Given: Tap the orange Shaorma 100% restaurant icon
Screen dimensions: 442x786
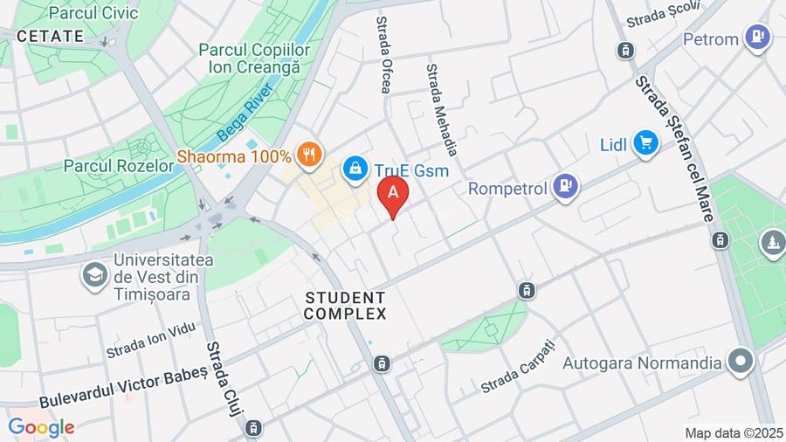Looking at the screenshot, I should pyautogui.click(x=307, y=155).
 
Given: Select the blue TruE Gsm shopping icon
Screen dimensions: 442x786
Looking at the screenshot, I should pyautogui.click(x=355, y=169).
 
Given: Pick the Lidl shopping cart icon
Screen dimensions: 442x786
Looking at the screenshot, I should pyautogui.click(x=645, y=142).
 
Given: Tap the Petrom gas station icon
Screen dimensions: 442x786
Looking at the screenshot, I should pyautogui.click(x=756, y=38).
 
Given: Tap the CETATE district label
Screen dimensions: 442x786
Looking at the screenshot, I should pyautogui.click(x=51, y=36).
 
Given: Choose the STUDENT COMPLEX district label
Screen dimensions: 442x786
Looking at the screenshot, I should pyautogui.click(x=346, y=305).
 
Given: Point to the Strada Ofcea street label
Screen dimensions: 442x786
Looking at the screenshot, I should pyautogui.click(x=384, y=54).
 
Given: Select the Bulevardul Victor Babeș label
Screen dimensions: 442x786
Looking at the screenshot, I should pyautogui.click(x=123, y=385).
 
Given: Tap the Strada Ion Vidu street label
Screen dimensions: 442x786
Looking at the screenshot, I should pyautogui.click(x=151, y=339).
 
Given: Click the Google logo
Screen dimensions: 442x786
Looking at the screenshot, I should pyautogui.click(x=41, y=427).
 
